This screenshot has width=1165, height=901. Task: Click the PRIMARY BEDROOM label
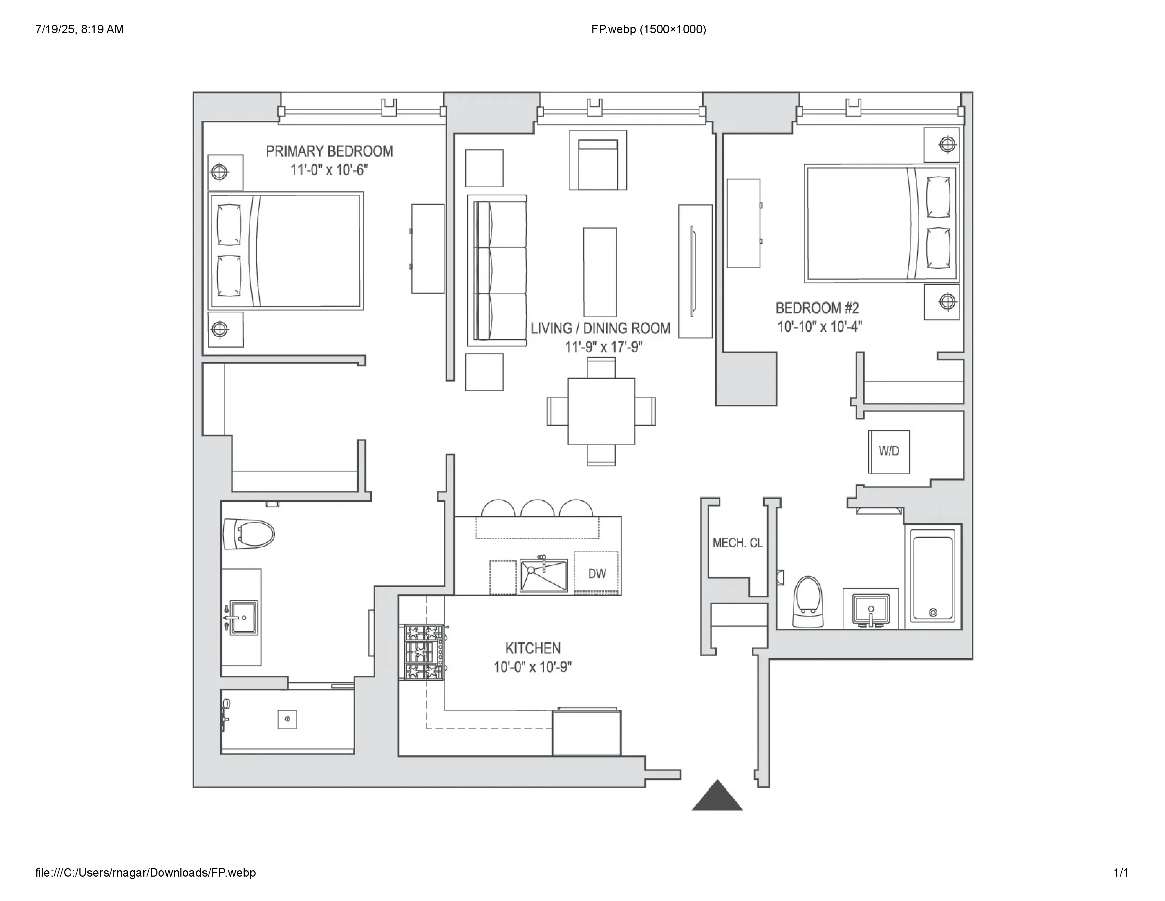tap(329, 152)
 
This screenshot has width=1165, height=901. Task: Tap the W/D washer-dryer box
tap(889, 452)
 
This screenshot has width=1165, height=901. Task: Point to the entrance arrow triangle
tap(717, 798)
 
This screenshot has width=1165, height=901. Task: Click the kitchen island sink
tap(544, 575)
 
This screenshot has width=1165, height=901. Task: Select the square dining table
tap(601, 411)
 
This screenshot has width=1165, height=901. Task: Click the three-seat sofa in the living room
tap(497, 271)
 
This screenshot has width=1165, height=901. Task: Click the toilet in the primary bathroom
tap(249, 534)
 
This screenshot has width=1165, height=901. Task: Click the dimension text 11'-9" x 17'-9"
tap(603, 347)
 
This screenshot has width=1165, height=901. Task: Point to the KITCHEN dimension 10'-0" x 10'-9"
tap(532, 667)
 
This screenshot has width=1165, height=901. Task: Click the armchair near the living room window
tap(597, 160)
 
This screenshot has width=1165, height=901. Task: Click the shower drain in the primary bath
tap(287, 719)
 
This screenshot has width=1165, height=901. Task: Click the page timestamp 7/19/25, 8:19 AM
tap(79, 29)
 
